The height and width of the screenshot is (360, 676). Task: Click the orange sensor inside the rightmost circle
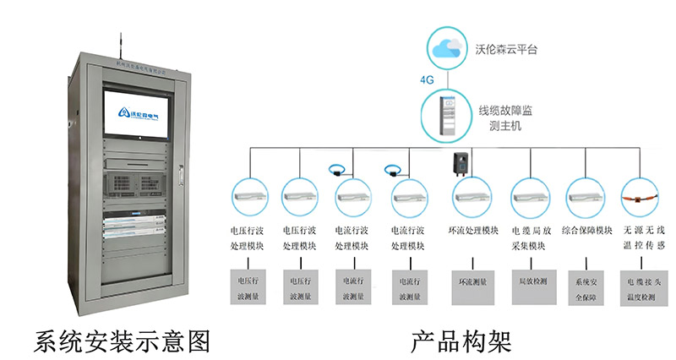pyautogui.click(x=642, y=198)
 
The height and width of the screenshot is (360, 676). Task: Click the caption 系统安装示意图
pyautogui.click(x=122, y=341)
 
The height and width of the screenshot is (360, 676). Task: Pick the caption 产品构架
pyautogui.click(x=461, y=341)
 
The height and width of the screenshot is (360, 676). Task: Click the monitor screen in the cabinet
pyautogui.click(x=139, y=109)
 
